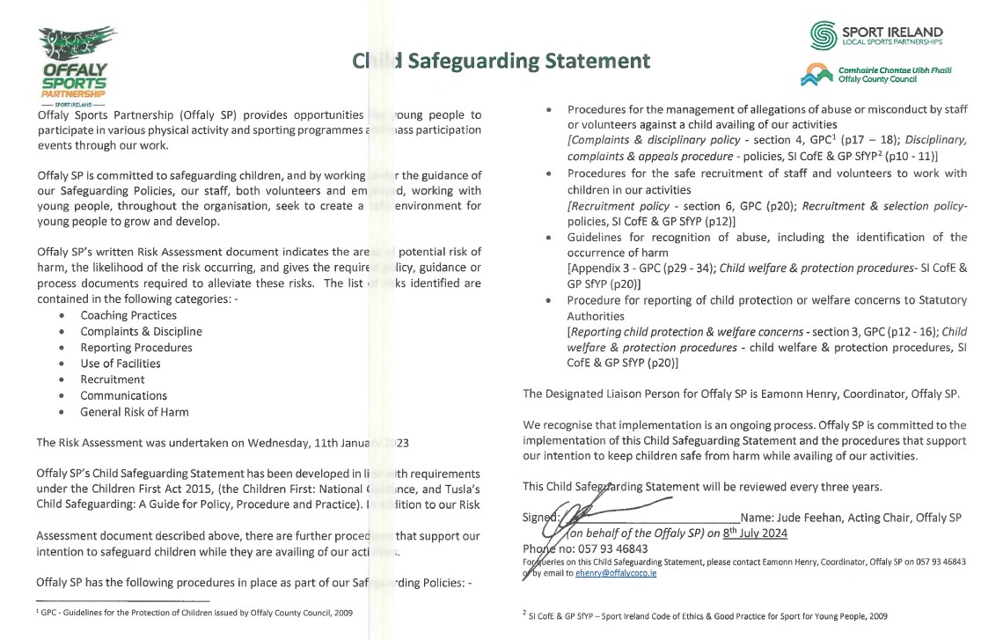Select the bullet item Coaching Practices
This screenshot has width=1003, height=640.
click(128, 315)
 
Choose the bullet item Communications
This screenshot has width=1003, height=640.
click(123, 396)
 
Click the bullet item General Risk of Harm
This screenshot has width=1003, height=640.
click(135, 412)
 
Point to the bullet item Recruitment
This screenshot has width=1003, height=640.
click(112, 379)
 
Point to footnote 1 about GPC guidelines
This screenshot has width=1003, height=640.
click(188, 612)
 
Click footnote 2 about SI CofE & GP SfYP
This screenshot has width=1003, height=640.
click(704, 616)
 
